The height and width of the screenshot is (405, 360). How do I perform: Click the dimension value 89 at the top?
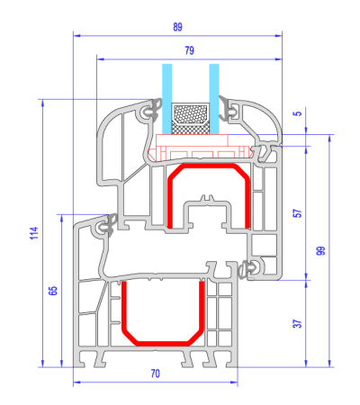tap(177, 27)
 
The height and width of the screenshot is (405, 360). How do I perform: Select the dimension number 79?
tap(190, 50)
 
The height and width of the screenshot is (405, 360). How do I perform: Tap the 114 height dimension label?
tap(34, 233)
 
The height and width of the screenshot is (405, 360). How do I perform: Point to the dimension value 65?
tap(53, 291)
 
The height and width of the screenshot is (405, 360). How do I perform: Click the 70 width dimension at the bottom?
tap(156, 373)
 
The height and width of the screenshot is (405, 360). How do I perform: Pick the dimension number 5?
tap(298, 113)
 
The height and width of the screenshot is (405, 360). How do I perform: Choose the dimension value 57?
tap(298, 213)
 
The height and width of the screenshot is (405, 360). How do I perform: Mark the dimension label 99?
tap(320, 251)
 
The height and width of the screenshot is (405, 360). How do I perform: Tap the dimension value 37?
tap(297, 324)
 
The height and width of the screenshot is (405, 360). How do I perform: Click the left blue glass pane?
tap(167, 99)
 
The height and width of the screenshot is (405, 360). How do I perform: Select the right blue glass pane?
tap(214, 99)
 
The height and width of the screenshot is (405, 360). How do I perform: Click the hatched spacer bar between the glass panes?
tap(190, 119)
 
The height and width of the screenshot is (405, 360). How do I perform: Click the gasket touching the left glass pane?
tap(155, 111)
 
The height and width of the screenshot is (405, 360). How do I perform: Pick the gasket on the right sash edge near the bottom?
tap(247, 269)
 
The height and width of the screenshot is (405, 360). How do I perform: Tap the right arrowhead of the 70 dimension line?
tap(235, 382)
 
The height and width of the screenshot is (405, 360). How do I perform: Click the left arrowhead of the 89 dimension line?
tap(76, 36)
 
